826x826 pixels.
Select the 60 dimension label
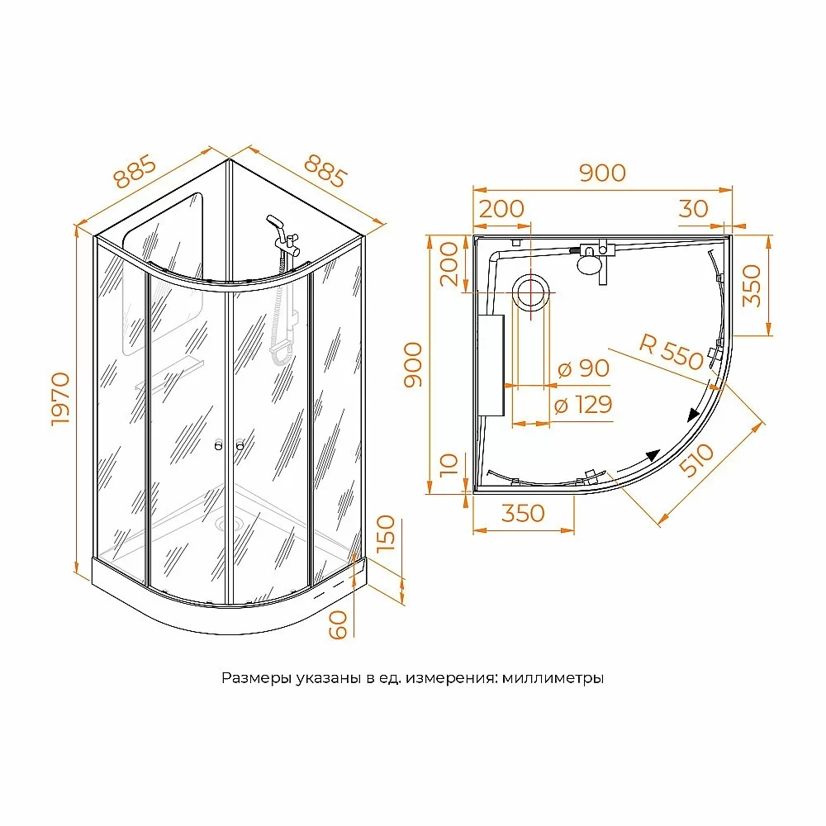pyautogui.click(x=338, y=624)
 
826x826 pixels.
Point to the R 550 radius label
pyautogui.click(x=672, y=351)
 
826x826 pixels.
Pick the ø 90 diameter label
pyautogui.click(x=584, y=368)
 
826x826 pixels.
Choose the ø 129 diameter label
pyautogui.click(x=584, y=405)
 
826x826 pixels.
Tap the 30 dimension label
pyautogui.click(x=693, y=209)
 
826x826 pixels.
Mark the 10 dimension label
pyautogui.click(x=449, y=464)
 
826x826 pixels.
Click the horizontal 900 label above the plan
pyautogui.click(x=602, y=173)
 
